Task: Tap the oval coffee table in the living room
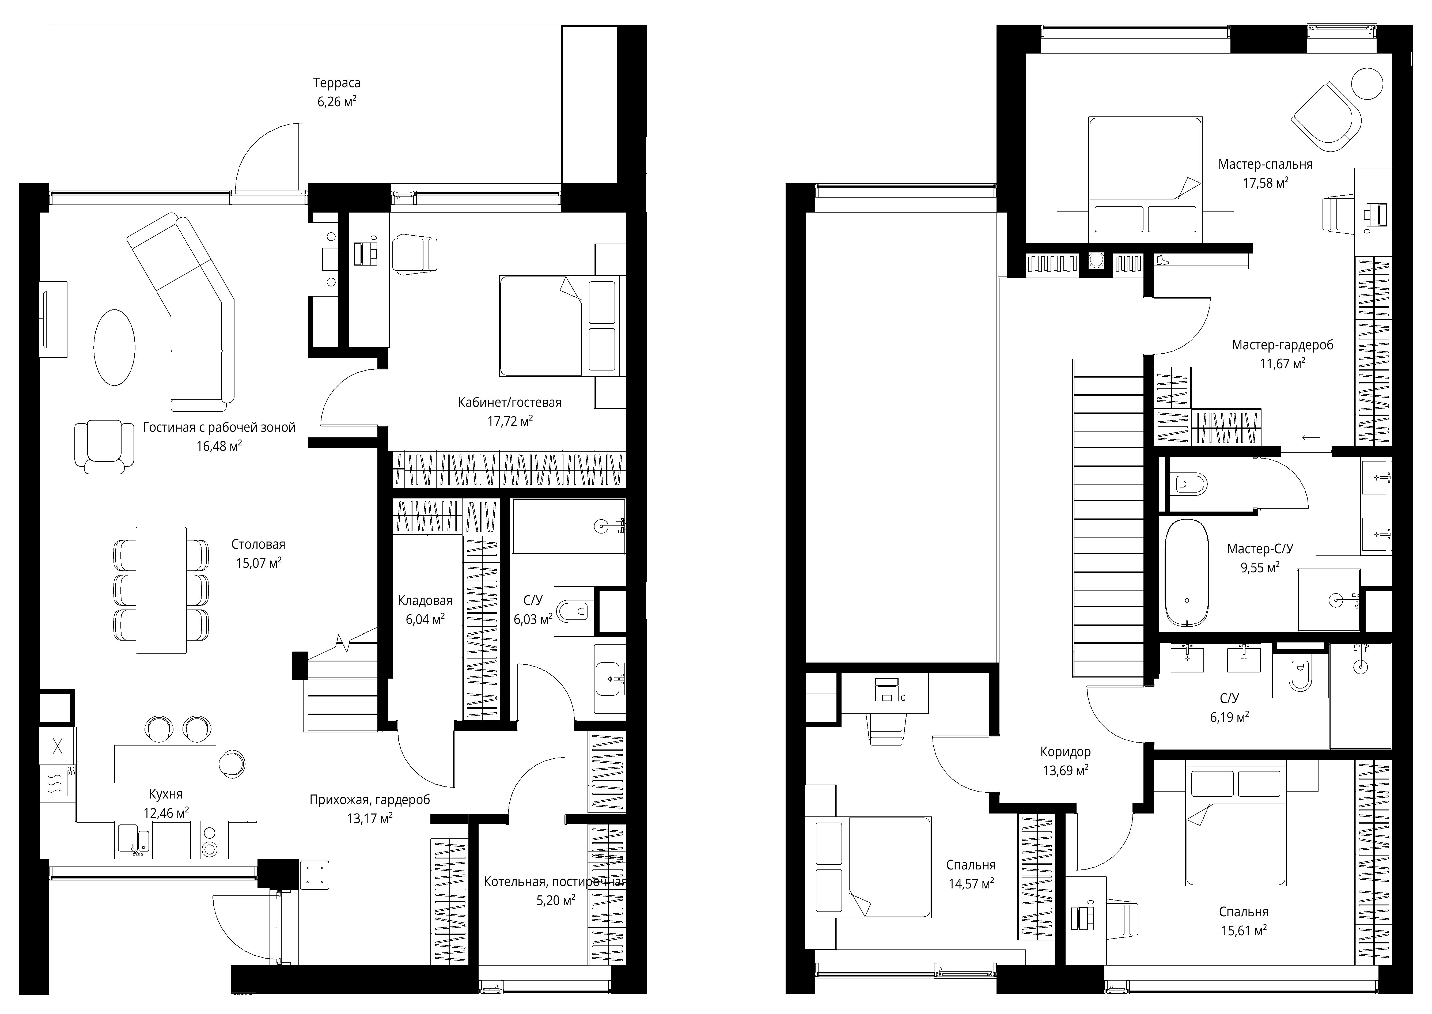(x=114, y=348)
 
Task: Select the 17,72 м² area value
(x=510, y=421)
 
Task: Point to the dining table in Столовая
(x=161, y=590)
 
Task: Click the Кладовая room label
(x=425, y=601)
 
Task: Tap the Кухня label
(x=165, y=794)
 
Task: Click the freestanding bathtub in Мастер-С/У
(x=1187, y=573)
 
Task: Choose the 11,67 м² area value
(x=1282, y=364)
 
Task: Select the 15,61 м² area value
(x=1244, y=930)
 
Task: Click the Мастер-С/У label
(x=1260, y=549)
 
